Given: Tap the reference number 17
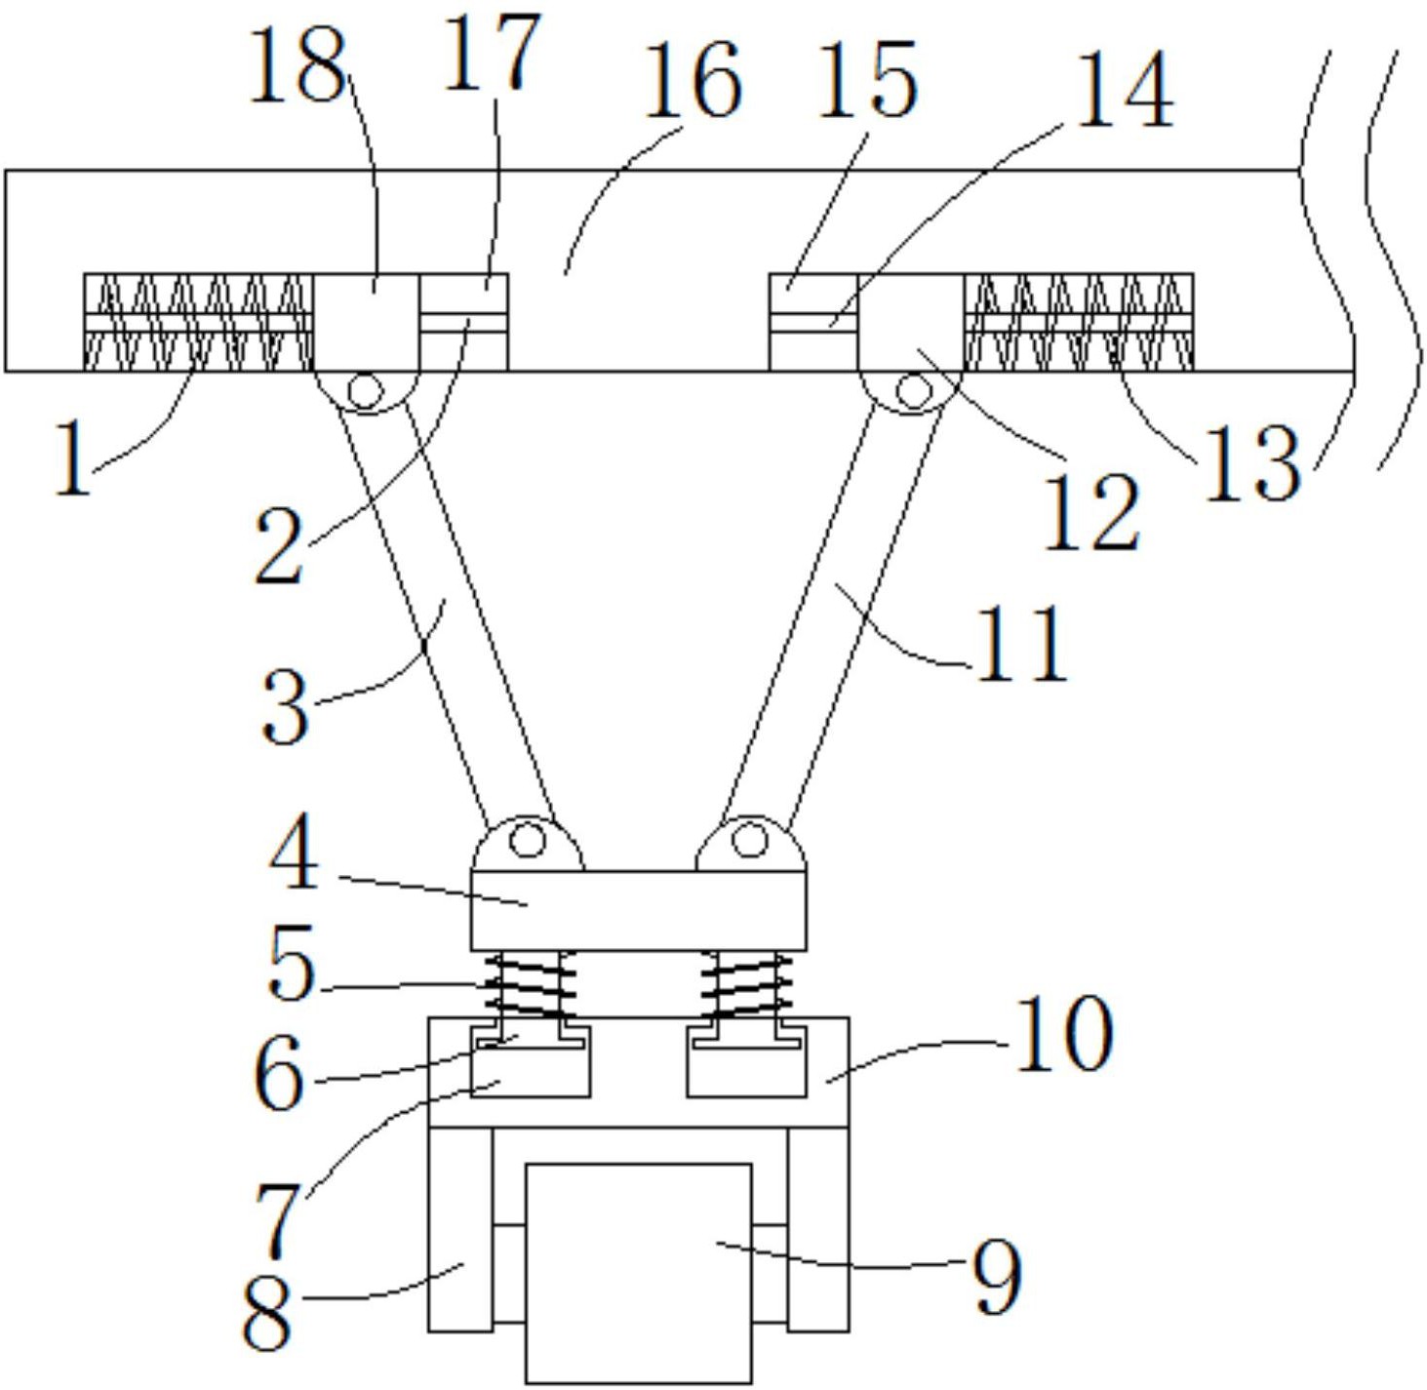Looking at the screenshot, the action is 492,52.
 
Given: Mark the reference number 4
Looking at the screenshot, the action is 294,855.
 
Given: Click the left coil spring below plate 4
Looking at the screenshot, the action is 530,984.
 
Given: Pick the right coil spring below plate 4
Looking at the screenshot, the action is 746,984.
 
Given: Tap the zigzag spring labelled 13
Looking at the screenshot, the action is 1079,322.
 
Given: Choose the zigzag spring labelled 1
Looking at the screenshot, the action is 199,322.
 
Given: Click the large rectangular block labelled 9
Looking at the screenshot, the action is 639,1273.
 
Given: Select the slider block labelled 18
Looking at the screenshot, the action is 367,322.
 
